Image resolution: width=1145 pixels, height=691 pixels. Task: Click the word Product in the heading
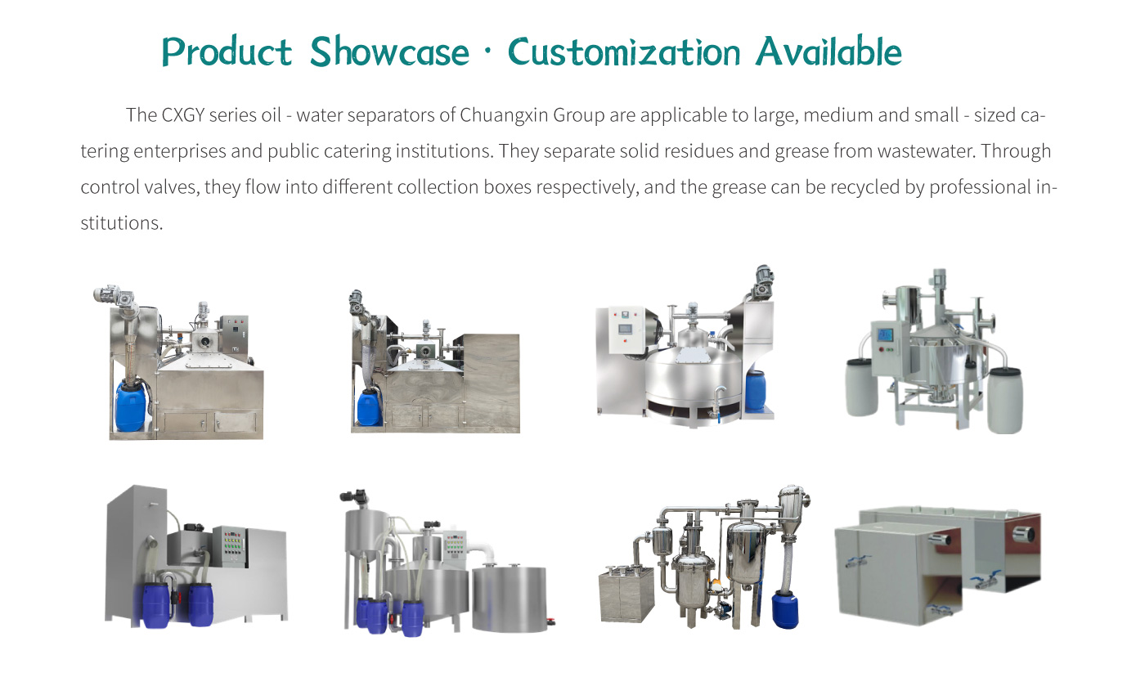coord(227,53)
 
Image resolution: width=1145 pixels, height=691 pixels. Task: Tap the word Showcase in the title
coord(390,53)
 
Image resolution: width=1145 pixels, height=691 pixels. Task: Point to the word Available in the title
coord(828,53)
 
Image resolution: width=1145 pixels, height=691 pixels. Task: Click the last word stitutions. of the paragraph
coord(122,223)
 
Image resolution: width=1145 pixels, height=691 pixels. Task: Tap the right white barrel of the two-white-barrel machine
coord(1004,399)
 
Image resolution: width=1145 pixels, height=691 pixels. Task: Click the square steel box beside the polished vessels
coord(626,595)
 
